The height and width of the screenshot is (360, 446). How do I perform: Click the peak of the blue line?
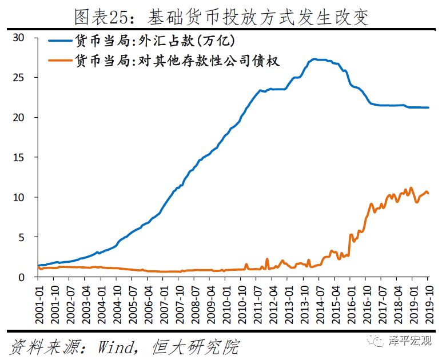pos(314,59)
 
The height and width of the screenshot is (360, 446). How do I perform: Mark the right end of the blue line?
pos(428,107)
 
